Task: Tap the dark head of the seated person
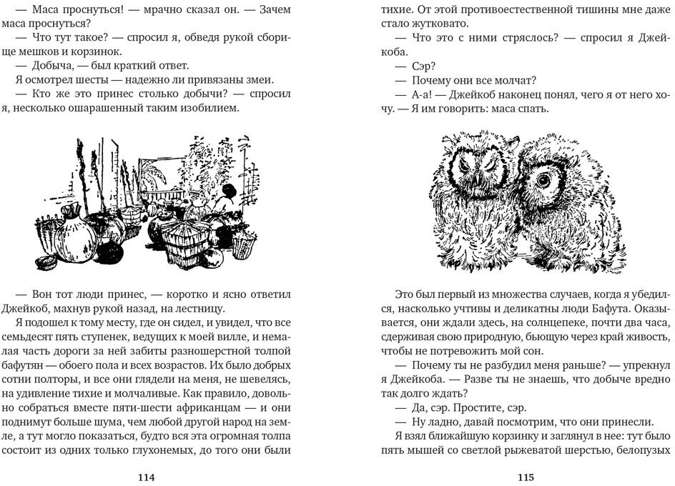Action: tap(229, 191)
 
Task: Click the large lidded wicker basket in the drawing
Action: tap(186, 240)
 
